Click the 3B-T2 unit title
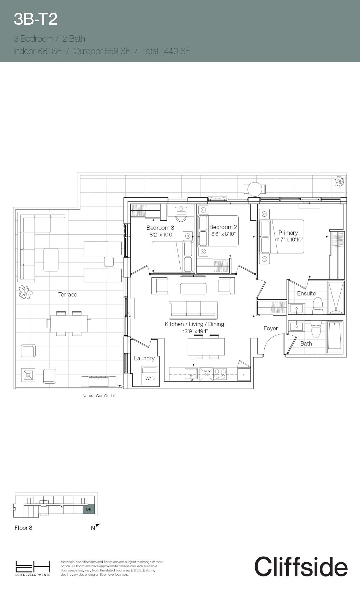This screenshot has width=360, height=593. point(35,19)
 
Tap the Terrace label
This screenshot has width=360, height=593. point(67,294)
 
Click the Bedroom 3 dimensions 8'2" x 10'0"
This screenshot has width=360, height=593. point(162,234)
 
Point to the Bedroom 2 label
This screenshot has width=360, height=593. point(223,227)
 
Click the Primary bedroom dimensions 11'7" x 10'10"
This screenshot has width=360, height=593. point(289,239)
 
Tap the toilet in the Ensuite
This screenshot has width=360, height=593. point(318,305)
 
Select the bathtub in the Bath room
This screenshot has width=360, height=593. point(335,337)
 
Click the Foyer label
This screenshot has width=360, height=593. point(270,328)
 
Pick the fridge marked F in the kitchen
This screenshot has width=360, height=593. point(244,375)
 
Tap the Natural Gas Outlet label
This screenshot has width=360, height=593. point(98,396)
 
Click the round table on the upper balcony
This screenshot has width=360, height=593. point(254,189)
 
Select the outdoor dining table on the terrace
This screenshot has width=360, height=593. point(69,323)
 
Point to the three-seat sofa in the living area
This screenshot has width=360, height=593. point(193,309)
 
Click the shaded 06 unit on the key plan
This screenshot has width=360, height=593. point(89,509)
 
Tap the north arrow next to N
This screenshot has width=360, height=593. point(98,526)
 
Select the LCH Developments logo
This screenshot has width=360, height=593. point(32,568)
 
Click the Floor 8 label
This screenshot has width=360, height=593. point(23,528)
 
